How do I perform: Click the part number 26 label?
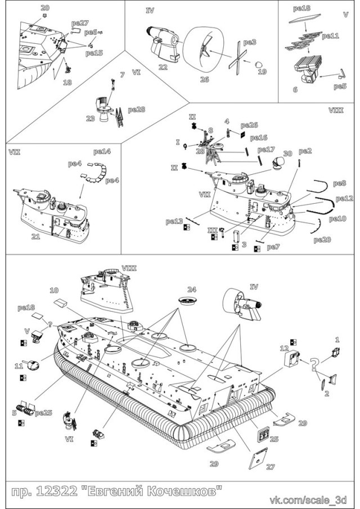[x=204, y=80]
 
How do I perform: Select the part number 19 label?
[x=262, y=71]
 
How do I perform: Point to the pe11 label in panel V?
[x=330, y=36]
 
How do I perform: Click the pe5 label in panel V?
[x=340, y=87]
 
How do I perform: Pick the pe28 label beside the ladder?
[x=136, y=109]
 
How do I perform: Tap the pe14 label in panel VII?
[x=102, y=151]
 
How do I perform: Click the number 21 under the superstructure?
[x=35, y=237]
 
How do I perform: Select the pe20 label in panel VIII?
[x=322, y=240]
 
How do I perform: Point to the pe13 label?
[x=174, y=222]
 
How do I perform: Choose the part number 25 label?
[x=274, y=439]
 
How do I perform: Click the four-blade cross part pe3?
[x=239, y=61]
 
